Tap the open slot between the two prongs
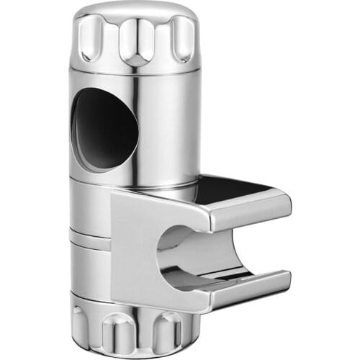pos(238,245)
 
